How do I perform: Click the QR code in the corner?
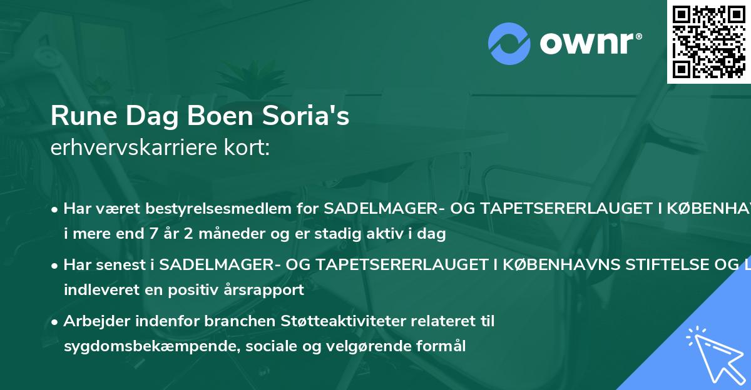[x=708, y=42]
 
